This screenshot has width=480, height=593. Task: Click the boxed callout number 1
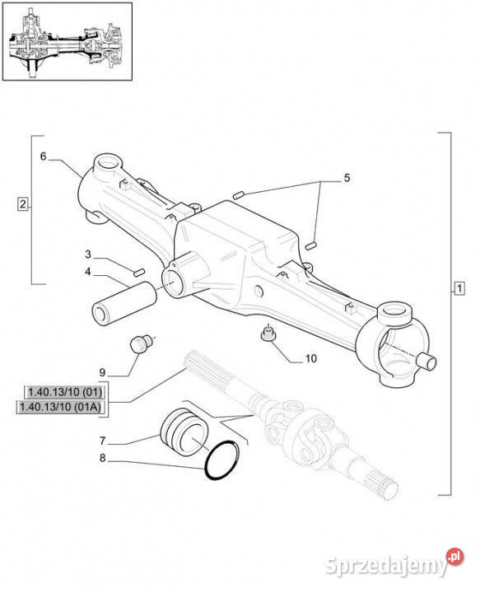pyautogui.click(x=459, y=288)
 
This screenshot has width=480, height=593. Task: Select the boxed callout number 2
pyautogui.click(x=23, y=204)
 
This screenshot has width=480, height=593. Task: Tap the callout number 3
pyautogui.click(x=88, y=254)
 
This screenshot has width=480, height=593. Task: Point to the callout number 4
pyautogui.click(x=88, y=271)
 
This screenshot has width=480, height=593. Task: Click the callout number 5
pyautogui.click(x=347, y=178)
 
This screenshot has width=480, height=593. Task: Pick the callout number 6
pyautogui.click(x=43, y=156)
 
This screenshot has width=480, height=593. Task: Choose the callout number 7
pyautogui.click(x=102, y=441)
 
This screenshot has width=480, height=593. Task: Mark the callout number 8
pyautogui.click(x=102, y=458)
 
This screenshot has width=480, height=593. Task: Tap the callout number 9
pyautogui.click(x=102, y=372)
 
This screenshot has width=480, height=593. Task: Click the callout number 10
pyautogui.click(x=310, y=358)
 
